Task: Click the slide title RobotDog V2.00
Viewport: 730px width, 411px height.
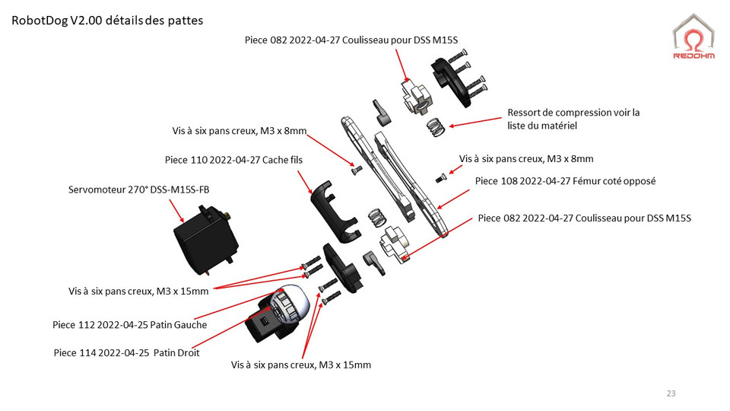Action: [107, 21]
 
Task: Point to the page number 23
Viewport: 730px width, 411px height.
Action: [670, 393]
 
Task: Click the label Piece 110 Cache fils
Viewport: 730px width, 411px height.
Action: [233, 161]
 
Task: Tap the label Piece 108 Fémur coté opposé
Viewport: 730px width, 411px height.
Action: [565, 181]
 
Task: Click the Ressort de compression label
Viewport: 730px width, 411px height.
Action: [573, 119]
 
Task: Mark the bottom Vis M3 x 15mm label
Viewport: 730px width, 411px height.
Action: [301, 365]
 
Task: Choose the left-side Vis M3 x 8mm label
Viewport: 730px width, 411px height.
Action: [239, 132]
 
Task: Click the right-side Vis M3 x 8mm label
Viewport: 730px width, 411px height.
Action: [526, 158]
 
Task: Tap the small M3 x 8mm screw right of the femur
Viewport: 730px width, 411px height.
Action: [440, 179]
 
